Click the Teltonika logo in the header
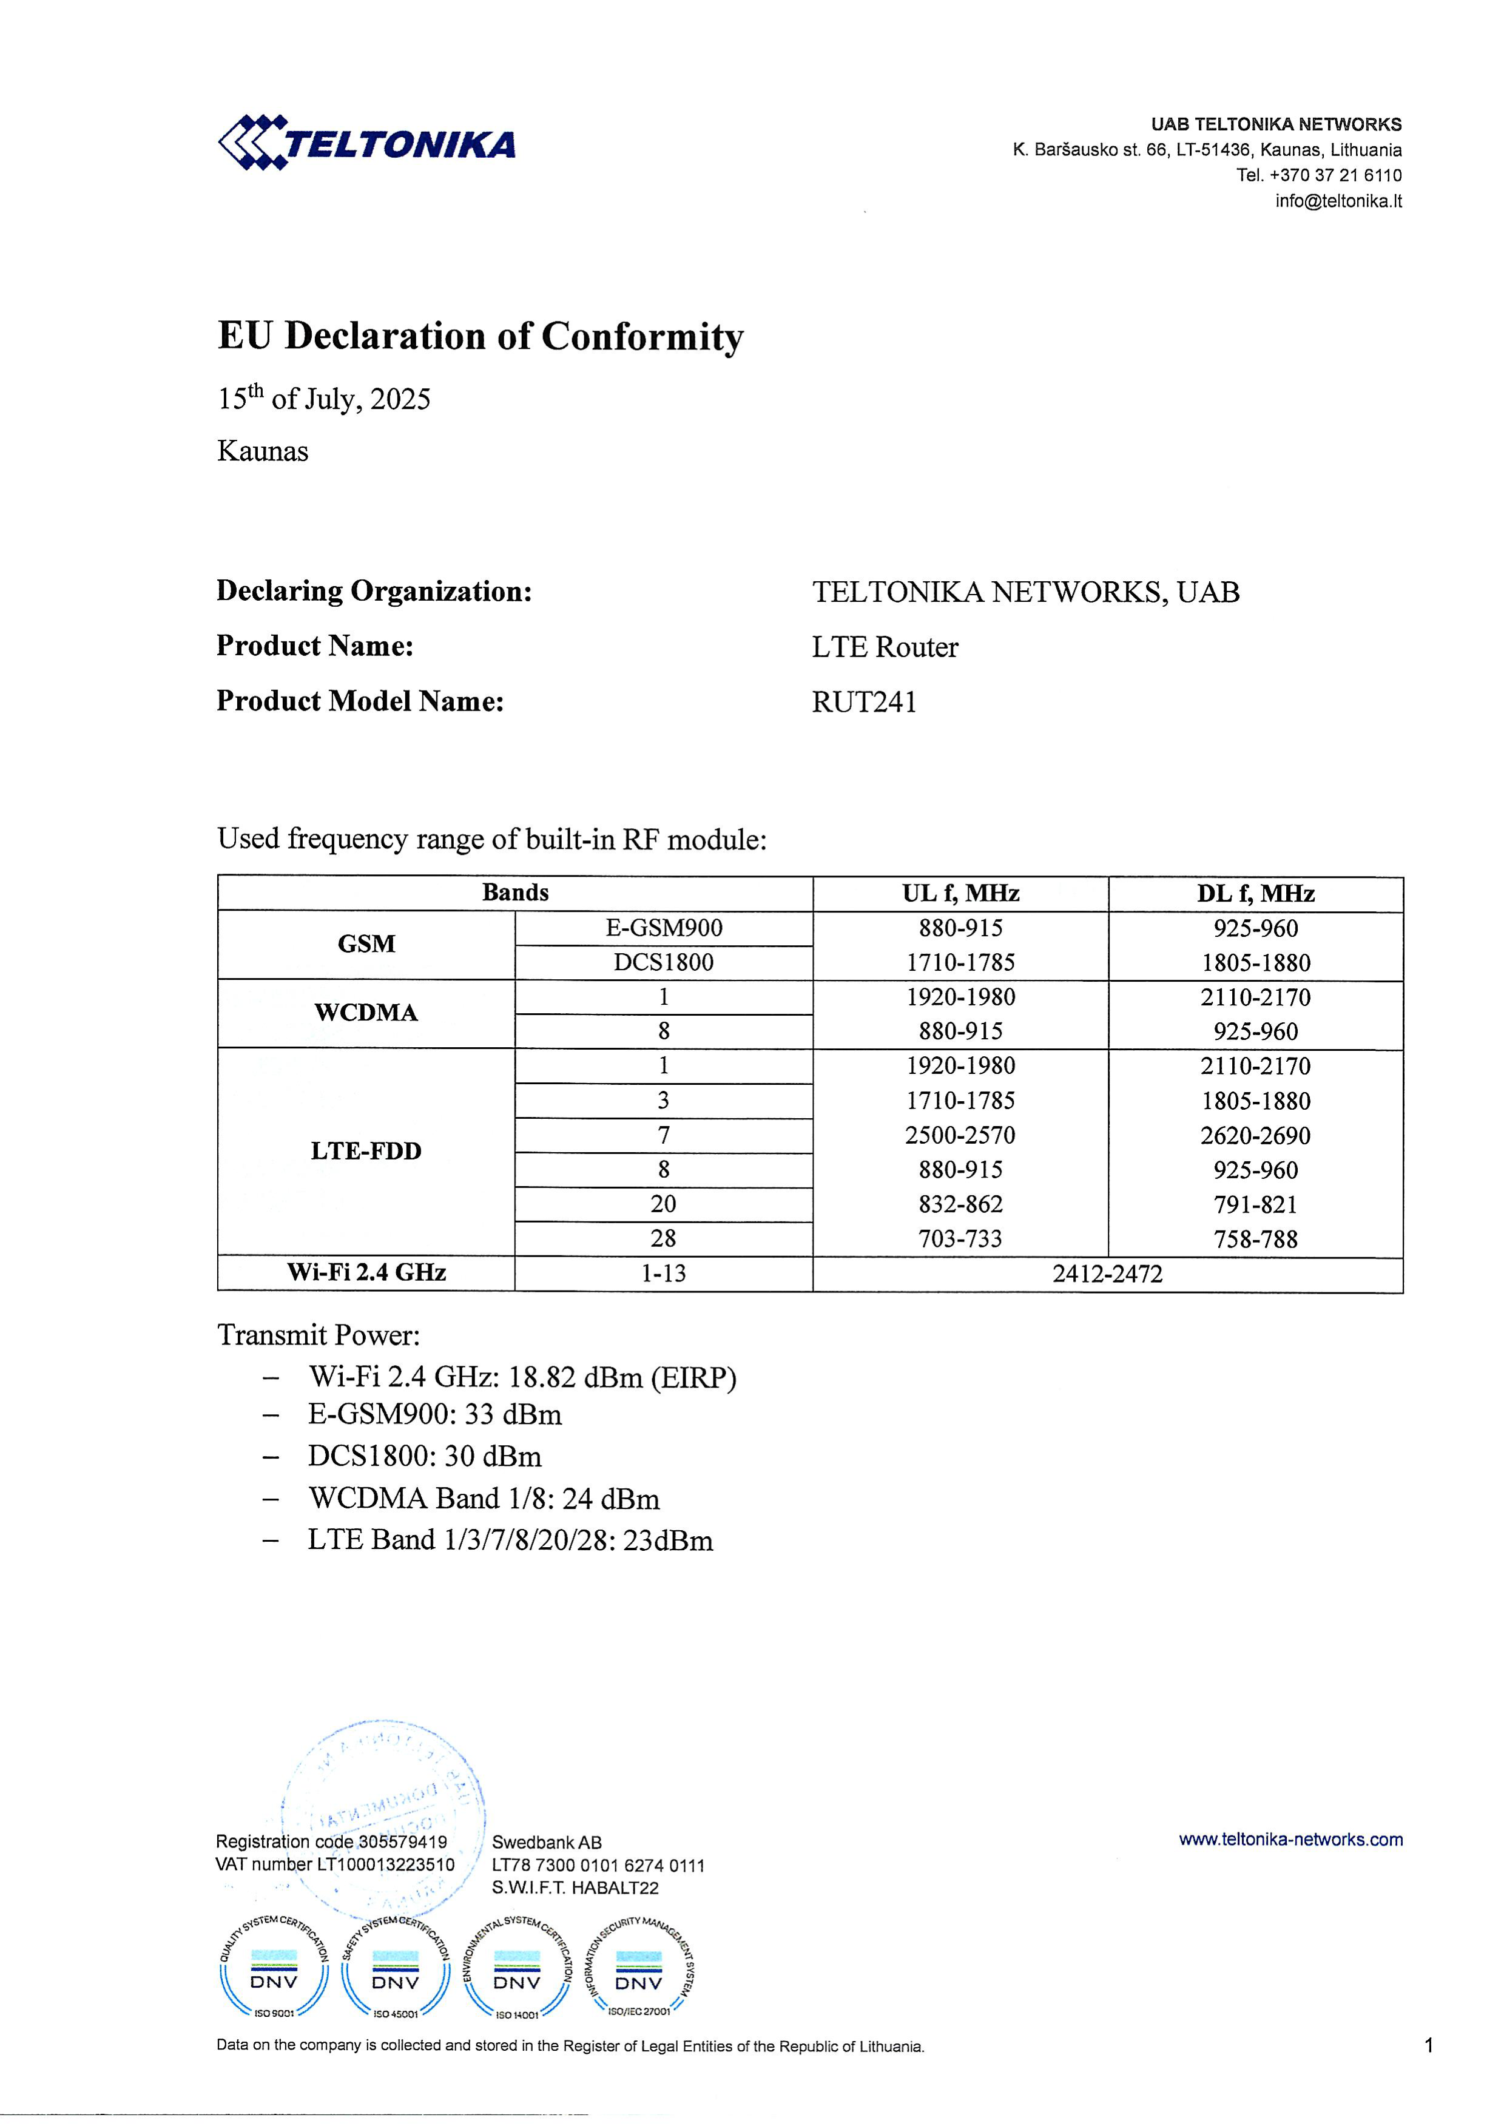(366, 144)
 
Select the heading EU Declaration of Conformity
(480, 336)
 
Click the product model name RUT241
(864, 702)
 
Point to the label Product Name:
(315, 646)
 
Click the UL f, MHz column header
(960, 894)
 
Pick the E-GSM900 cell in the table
(663, 928)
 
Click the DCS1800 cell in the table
(663, 962)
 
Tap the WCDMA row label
(366, 1013)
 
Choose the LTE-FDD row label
(366, 1151)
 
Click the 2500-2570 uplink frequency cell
(960, 1135)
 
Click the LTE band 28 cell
(663, 1239)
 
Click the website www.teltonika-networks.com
(1290, 1839)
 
